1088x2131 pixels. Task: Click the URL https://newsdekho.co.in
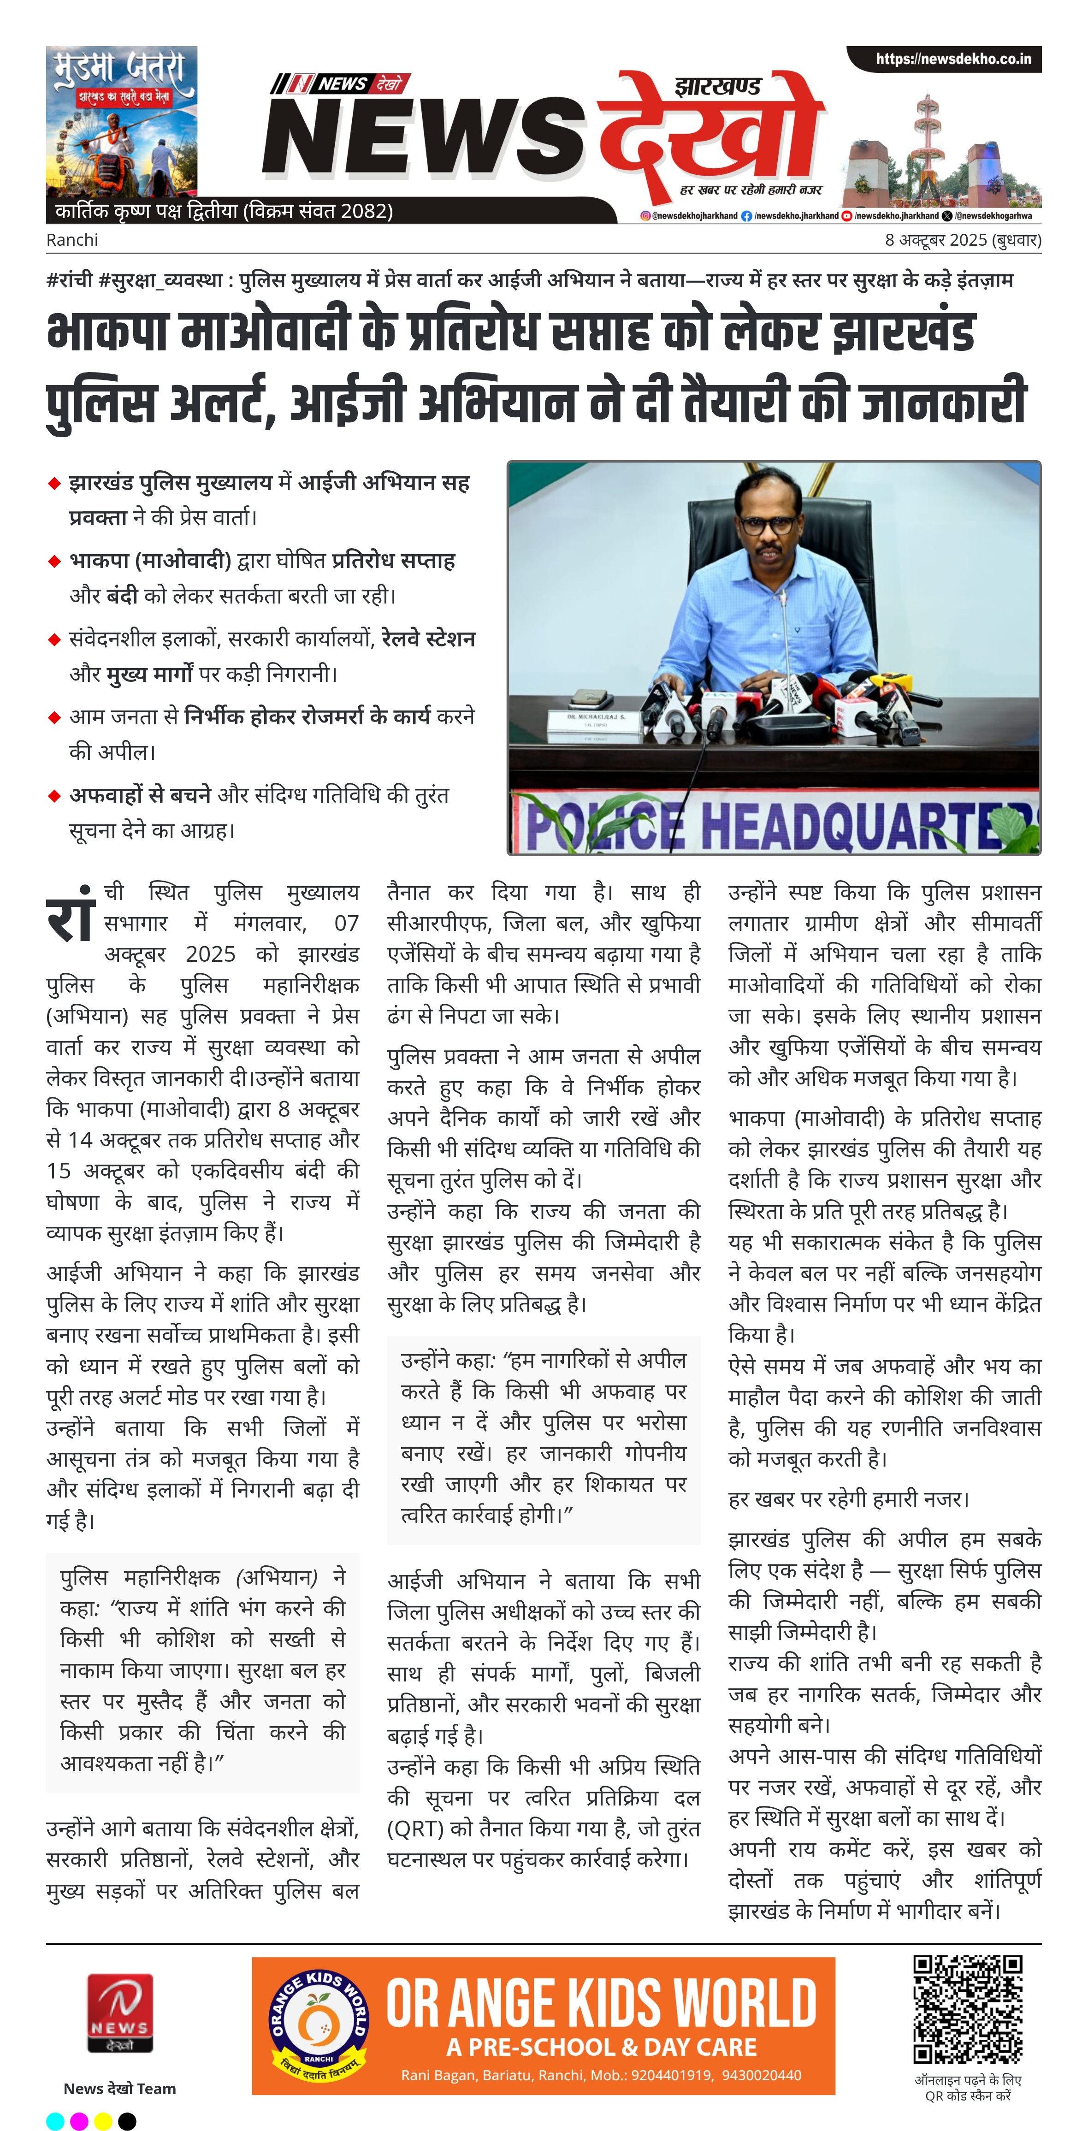953,59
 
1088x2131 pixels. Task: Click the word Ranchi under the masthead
72,240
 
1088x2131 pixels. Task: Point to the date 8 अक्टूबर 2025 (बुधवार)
962,240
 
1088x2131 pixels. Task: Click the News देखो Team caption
120,2089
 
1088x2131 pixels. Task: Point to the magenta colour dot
79,2121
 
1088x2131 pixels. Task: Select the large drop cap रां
71,915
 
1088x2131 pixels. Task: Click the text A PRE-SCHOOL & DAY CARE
602,2047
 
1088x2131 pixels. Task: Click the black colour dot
127,2121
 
